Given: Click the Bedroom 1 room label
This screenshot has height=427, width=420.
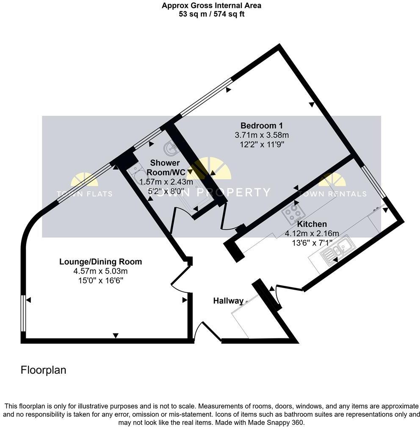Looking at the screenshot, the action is [262, 126].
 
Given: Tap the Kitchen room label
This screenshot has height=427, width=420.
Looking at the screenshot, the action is [312, 224].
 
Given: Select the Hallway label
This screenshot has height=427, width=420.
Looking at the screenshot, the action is [228, 301].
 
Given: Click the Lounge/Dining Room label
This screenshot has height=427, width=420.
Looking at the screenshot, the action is [100, 262].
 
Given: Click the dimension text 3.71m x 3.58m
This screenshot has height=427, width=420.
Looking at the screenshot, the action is [262, 135].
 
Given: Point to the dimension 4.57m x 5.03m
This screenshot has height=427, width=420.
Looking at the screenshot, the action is [100, 271].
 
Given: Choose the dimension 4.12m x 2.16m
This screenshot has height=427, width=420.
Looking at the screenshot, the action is [312, 233].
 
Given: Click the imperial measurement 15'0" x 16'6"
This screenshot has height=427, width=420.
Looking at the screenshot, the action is [100, 280].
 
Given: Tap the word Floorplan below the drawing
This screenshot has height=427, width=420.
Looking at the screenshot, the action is [44, 370].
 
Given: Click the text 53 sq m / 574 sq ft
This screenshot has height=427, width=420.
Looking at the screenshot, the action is [211, 14].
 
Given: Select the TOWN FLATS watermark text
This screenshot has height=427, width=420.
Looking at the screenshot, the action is [85, 194].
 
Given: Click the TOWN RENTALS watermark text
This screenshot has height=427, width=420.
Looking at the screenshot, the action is [332, 194].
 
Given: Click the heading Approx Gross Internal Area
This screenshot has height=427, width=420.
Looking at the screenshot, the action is [211, 6].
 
